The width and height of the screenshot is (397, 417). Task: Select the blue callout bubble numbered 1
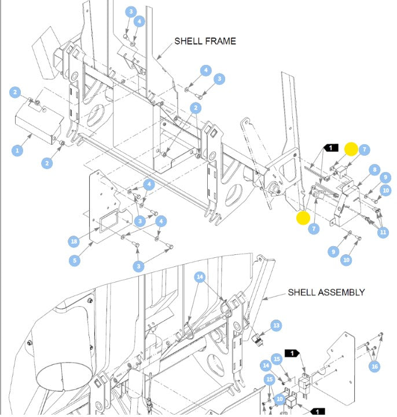coord(17,151)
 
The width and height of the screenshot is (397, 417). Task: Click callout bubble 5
coord(75,261)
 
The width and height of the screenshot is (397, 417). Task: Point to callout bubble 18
coord(74,241)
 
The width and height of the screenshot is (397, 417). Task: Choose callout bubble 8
coord(374,170)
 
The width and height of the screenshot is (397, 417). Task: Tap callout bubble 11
coord(383,232)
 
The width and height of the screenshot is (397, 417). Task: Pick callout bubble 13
coord(277,325)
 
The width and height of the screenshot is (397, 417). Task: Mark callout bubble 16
coord(374,367)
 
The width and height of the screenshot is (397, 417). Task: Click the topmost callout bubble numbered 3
coord(131,12)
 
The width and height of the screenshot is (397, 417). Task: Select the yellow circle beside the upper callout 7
coord(351,149)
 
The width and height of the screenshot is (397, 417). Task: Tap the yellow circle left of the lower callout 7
coord(303,218)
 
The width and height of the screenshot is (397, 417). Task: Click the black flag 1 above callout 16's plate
coord(292,353)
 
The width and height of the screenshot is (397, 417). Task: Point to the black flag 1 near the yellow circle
coord(331,148)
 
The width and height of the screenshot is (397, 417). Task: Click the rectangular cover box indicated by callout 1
coord(40,125)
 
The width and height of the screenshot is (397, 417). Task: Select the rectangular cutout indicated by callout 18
coord(109,221)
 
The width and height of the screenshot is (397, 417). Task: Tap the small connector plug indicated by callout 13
coord(257,339)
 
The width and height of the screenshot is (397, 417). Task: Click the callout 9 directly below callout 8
coord(385,177)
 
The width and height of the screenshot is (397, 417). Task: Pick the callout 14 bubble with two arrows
coord(200,277)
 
